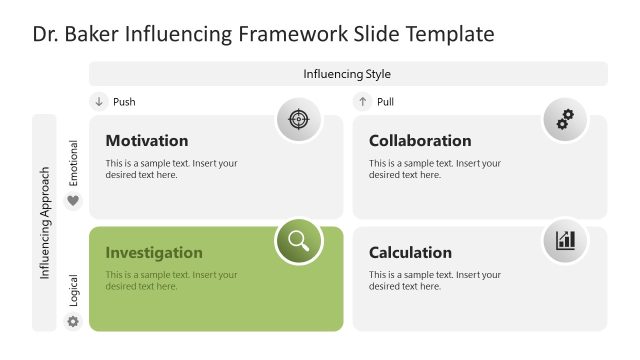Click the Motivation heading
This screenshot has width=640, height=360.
click(146, 141)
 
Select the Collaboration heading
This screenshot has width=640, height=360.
click(420, 141)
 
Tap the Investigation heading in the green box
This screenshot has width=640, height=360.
click(154, 253)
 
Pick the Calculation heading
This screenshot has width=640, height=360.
click(410, 253)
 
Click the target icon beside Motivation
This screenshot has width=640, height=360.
click(298, 120)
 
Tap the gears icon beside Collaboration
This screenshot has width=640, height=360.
click(565, 120)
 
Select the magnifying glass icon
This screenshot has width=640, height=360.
click(298, 240)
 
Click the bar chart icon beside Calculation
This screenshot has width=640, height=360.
click(565, 240)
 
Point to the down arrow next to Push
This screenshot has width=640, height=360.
click(99, 101)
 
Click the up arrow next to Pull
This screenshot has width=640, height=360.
click(363, 101)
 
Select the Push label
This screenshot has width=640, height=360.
click(124, 102)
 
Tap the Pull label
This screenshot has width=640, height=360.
click(385, 102)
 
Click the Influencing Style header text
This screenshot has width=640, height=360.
click(347, 74)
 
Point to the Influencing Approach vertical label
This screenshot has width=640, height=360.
click(45, 222)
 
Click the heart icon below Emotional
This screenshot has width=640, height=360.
click(72, 201)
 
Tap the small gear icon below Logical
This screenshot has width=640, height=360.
click(72, 321)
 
